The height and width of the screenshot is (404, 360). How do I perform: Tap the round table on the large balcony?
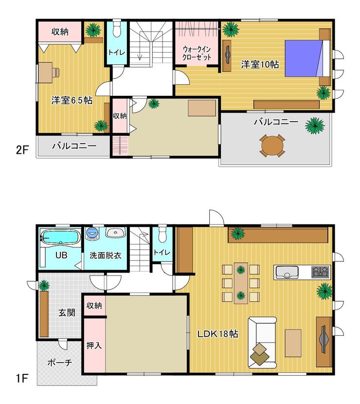[x=272, y=146]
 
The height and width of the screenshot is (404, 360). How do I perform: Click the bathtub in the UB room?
[x=60, y=237]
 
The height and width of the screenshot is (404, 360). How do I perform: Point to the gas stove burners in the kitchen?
[x=320, y=272]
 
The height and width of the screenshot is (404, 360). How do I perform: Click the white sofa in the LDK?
[x=262, y=342]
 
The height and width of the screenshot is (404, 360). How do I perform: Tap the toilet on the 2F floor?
[x=117, y=28]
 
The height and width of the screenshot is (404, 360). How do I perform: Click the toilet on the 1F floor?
[x=162, y=234]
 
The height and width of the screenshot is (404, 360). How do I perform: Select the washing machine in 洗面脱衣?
[x=92, y=234]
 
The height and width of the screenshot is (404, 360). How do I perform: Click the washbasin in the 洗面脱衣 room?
[x=115, y=233]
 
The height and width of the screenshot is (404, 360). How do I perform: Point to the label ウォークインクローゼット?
[x=197, y=53]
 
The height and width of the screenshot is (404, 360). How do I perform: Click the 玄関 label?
[x=67, y=313]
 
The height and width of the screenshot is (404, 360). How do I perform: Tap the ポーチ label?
[x=60, y=363]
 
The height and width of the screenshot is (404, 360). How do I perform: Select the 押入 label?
[x=94, y=346]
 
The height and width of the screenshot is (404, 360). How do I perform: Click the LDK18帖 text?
[x=217, y=334]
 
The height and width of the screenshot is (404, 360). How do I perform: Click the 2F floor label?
[x=22, y=150]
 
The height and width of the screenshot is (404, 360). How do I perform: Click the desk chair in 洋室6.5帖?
[x=56, y=73]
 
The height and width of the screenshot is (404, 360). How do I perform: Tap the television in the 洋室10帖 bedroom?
[x=228, y=55]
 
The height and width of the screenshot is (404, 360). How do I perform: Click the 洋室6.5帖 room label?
[x=72, y=100]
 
